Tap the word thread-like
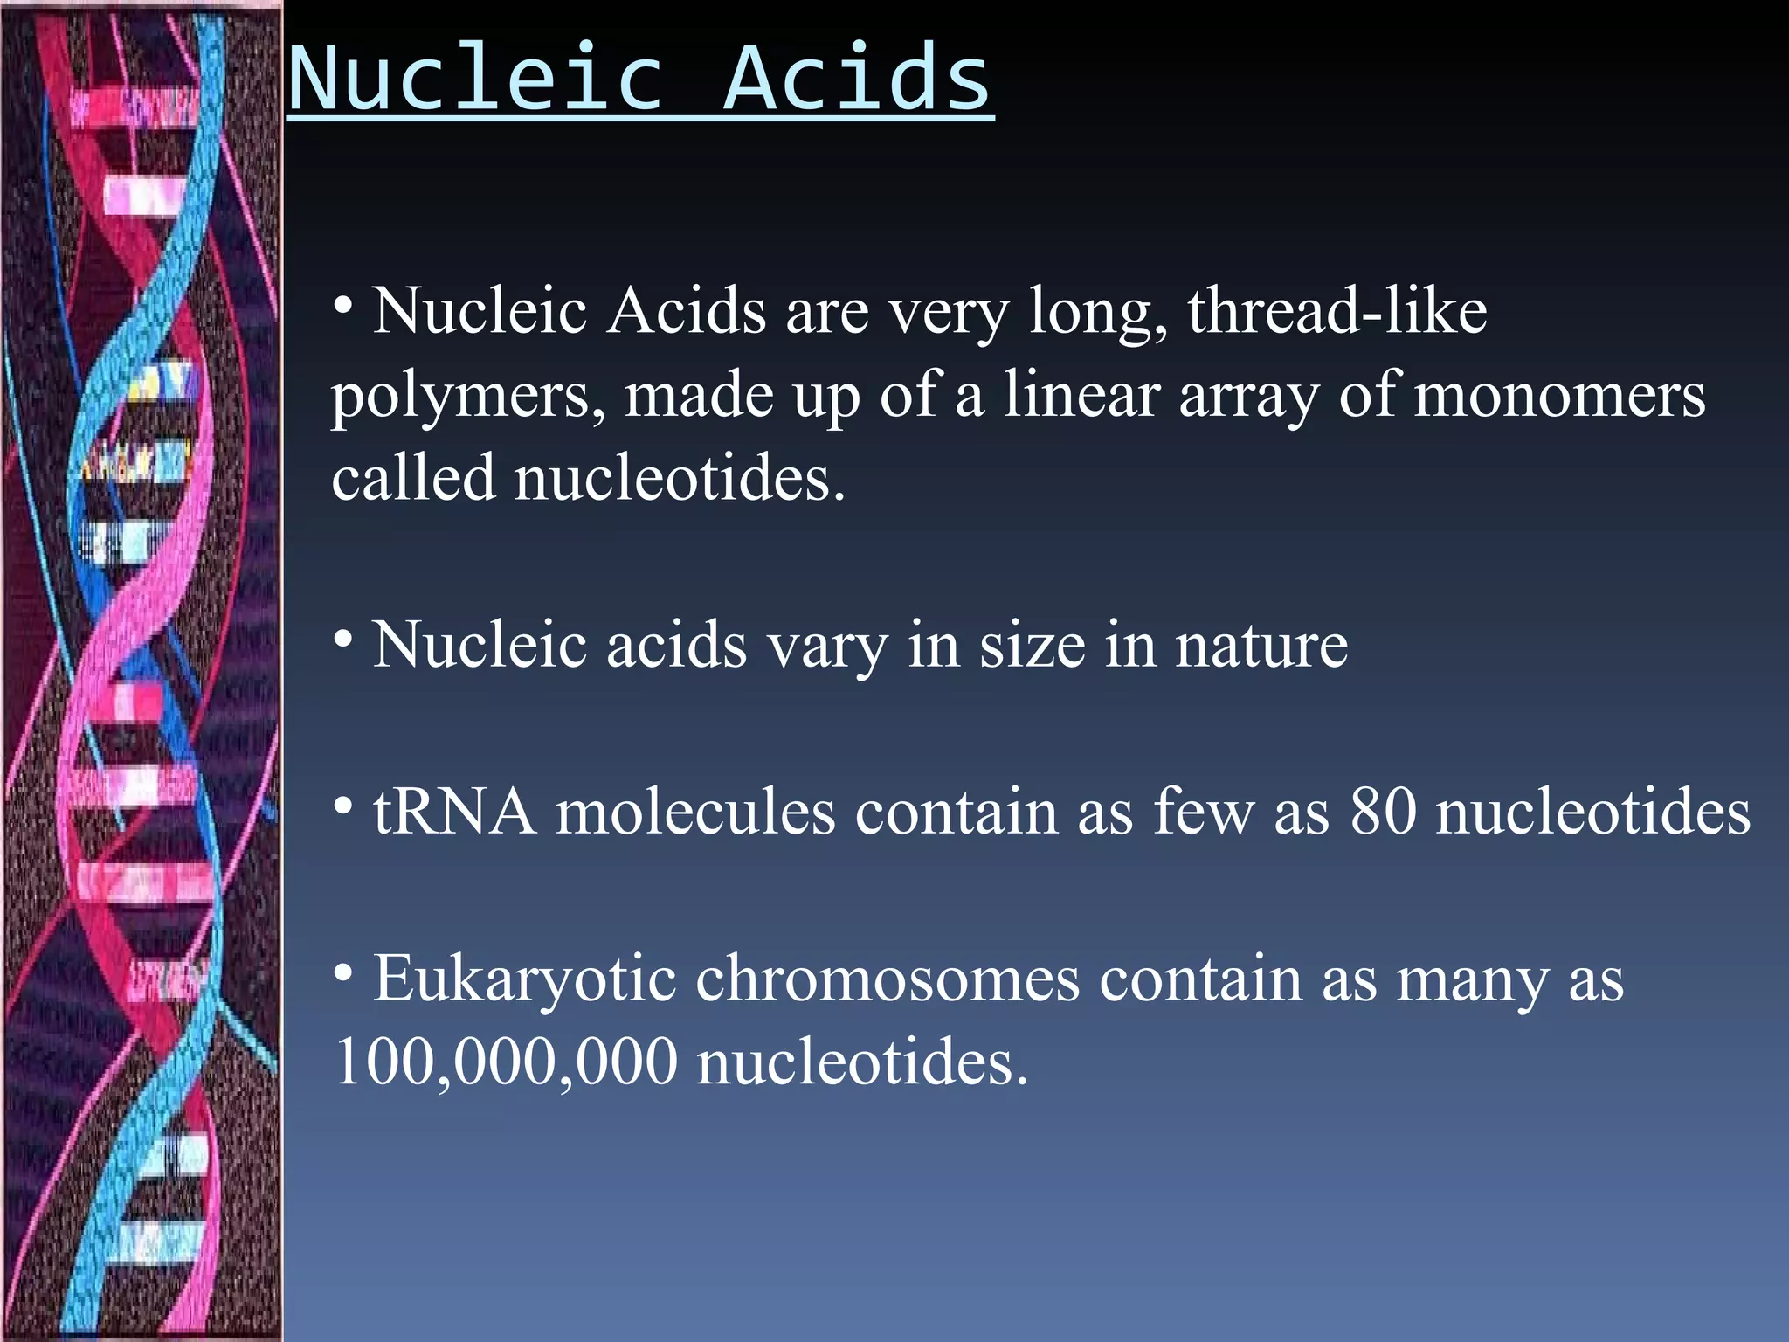(x=1337, y=311)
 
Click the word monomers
(x=1559, y=395)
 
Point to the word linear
(x=1081, y=395)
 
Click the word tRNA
(x=454, y=813)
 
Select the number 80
(x=1383, y=813)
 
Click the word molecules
(x=695, y=813)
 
